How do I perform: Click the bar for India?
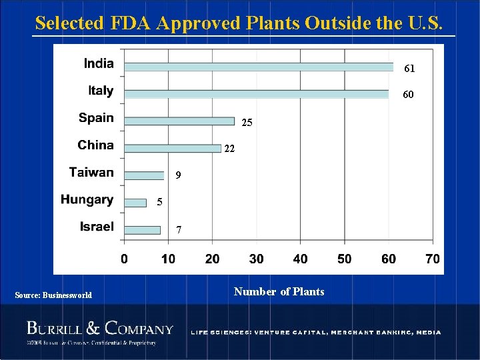(x=259, y=67)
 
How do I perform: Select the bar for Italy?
(x=257, y=94)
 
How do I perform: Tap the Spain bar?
(x=179, y=121)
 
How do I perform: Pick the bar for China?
(x=173, y=148)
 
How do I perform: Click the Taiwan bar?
(x=144, y=175)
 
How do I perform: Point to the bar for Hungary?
(x=135, y=203)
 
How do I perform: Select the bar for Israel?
(x=142, y=230)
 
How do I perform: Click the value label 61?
(x=409, y=69)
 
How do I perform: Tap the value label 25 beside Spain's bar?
(x=247, y=123)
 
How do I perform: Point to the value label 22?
(x=229, y=149)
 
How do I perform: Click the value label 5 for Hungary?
(x=160, y=202)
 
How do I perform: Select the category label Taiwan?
(x=91, y=172)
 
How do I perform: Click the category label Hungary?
(x=87, y=199)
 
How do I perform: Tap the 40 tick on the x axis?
(x=301, y=259)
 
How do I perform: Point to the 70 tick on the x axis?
(x=433, y=259)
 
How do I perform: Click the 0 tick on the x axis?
(x=125, y=259)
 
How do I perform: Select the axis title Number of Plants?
(x=279, y=292)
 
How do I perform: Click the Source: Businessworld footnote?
(x=53, y=295)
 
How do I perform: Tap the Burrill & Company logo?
(x=99, y=329)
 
